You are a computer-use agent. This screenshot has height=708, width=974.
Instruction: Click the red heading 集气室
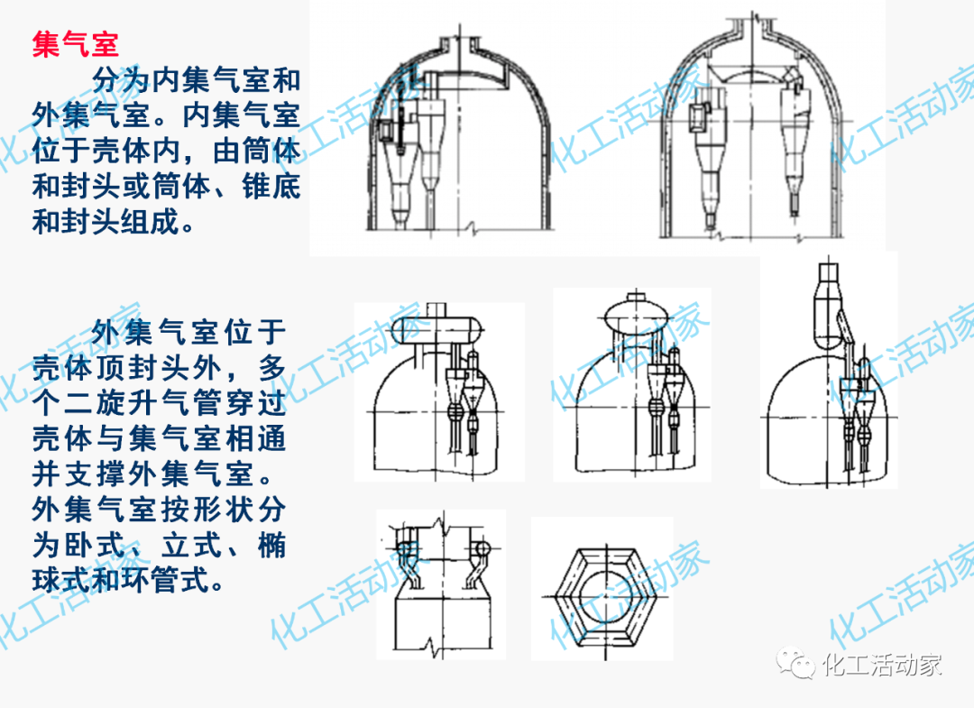(76, 43)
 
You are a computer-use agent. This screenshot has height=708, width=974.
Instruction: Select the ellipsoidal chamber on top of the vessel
(636, 317)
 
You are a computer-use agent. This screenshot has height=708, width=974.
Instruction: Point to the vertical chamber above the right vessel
(828, 311)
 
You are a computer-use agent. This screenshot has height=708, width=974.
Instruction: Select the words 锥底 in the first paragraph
(271, 188)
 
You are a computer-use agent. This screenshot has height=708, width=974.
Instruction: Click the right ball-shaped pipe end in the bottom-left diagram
(483, 547)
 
